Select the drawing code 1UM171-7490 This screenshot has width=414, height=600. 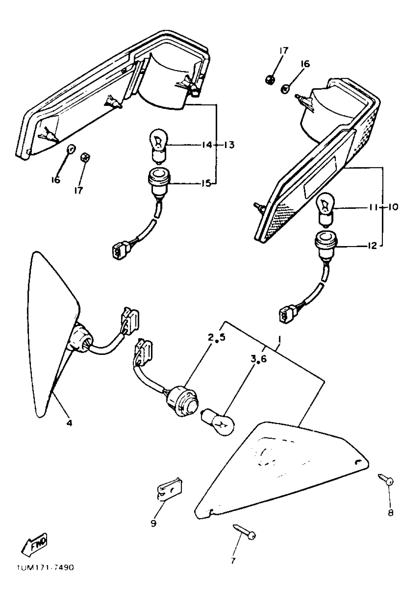click(45, 575)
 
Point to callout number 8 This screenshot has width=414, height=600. click(391, 513)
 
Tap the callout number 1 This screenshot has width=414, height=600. click(280, 339)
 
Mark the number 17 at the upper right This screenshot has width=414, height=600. click(284, 51)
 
